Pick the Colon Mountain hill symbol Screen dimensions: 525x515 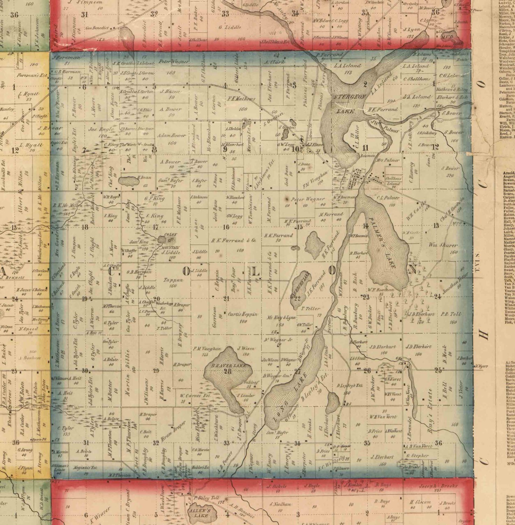point(162,239)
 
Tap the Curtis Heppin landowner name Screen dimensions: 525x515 point(243,314)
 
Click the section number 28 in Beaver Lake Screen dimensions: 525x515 point(228,372)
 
